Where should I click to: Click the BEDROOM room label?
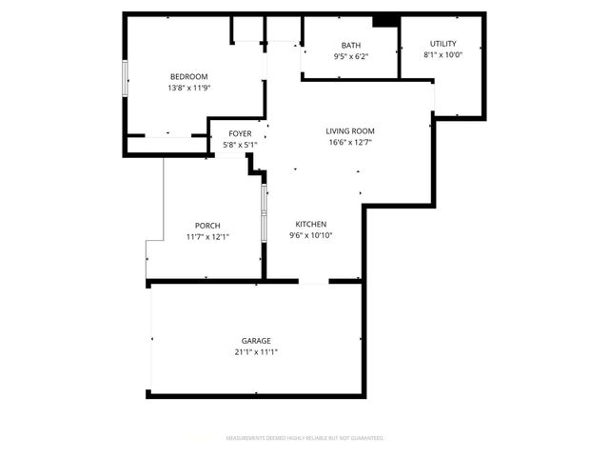click(188, 77)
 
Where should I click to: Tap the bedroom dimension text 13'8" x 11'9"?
click(188, 88)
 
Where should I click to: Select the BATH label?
click(351, 46)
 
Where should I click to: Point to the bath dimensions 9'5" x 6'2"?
click(351, 56)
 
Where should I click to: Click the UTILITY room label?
click(442, 44)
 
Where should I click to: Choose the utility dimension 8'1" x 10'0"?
click(442, 54)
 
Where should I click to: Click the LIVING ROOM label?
click(350, 131)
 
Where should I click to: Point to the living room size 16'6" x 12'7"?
click(350, 143)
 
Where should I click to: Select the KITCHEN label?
click(311, 225)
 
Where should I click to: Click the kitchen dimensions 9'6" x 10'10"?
click(311, 236)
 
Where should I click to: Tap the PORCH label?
click(207, 226)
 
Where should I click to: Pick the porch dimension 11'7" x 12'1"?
click(207, 237)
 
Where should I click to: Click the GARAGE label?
click(256, 341)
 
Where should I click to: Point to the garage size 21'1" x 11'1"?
click(256, 351)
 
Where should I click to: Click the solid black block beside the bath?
click(384, 21)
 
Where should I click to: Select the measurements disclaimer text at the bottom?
click(304, 439)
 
